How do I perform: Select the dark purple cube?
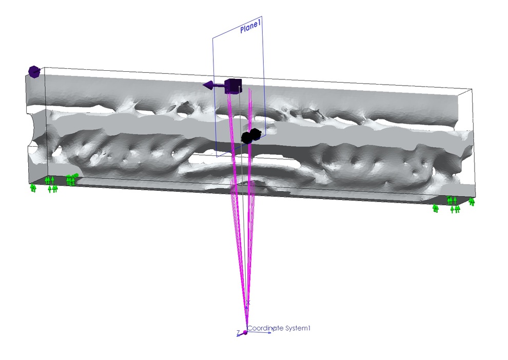[233, 86]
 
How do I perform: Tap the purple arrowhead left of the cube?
[208, 86]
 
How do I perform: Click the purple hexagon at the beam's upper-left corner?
[34, 72]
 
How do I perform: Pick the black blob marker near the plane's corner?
[251, 136]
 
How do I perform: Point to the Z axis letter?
[238, 332]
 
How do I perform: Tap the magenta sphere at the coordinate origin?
[245, 332]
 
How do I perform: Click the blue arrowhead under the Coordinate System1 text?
[269, 332]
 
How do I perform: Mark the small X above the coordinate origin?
[248, 303]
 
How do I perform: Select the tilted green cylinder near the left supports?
[75, 175]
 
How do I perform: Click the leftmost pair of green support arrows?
[33, 188]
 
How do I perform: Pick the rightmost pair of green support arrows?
[472, 202]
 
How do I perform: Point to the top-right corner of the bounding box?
[472, 89]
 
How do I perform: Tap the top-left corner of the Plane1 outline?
[213, 38]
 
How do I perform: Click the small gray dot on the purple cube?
[240, 87]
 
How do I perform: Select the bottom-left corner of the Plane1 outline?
[217, 157]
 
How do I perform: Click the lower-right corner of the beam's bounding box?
[476, 197]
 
